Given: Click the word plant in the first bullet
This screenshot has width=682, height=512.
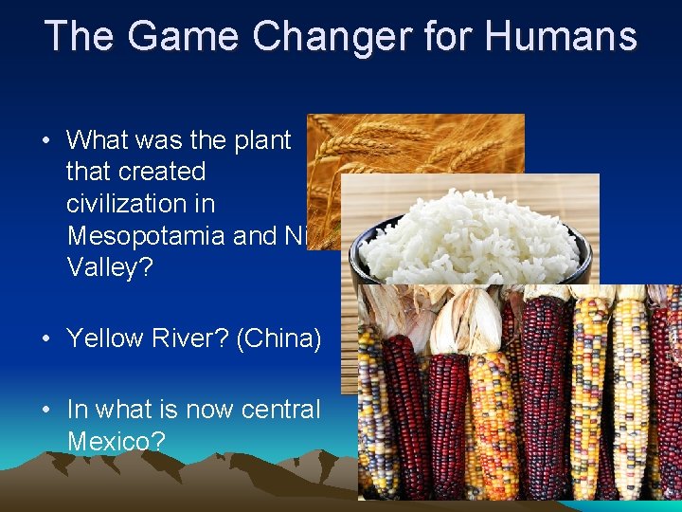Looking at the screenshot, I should (262, 140).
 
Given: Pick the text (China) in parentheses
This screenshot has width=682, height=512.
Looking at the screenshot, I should (281, 338).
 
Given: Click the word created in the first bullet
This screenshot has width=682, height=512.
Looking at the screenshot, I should (135, 172).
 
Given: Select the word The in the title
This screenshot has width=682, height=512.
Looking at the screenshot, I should (79, 36).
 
